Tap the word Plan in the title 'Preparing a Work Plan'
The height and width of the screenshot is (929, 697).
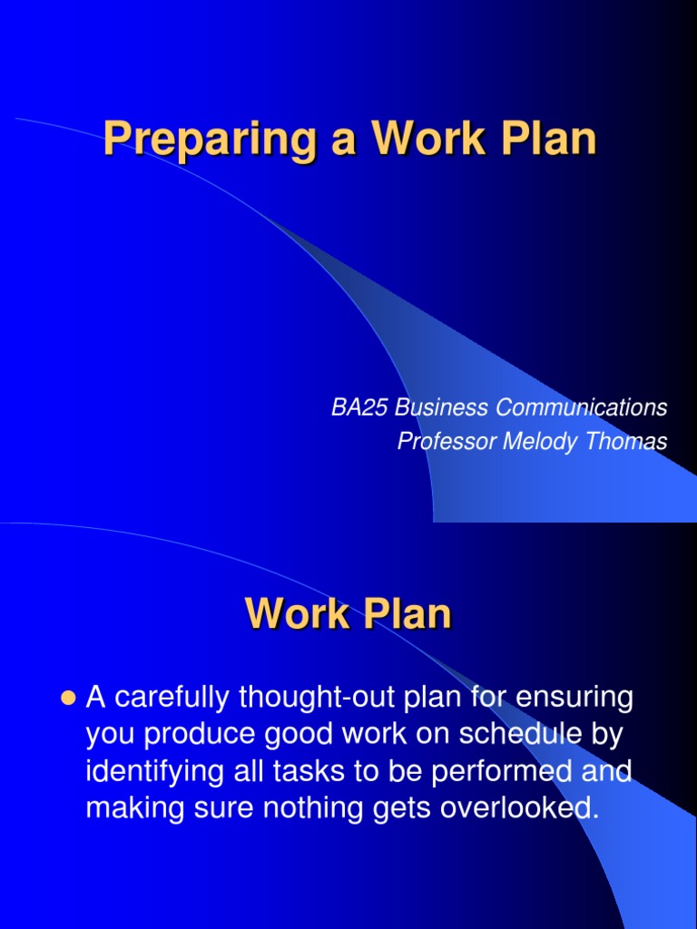tap(552, 139)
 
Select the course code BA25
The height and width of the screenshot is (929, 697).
tap(356, 408)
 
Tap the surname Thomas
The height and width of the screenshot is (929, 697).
tap(626, 442)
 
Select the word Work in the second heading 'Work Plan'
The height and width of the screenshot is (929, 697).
tap(294, 614)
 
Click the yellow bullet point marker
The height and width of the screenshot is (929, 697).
tap(65, 699)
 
